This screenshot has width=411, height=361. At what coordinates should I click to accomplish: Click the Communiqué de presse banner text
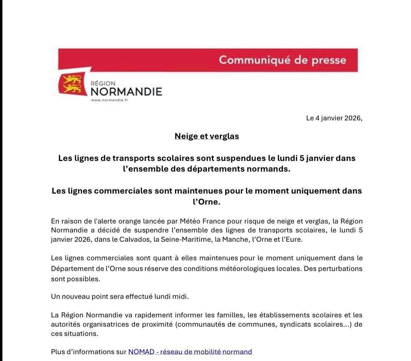click(x=282, y=60)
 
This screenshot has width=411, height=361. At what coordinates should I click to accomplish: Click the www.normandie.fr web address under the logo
click(x=109, y=100)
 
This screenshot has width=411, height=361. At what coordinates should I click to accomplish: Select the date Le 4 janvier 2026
click(x=334, y=118)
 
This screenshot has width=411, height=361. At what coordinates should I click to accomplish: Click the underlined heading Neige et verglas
click(x=207, y=136)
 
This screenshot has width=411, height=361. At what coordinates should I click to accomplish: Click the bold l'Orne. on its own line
click(x=207, y=202)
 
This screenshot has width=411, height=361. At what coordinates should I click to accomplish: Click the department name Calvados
click(x=133, y=239)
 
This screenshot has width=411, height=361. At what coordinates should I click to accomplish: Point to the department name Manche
click(x=235, y=239)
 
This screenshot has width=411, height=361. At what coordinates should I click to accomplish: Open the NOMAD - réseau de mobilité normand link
click(x=190, y=352)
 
